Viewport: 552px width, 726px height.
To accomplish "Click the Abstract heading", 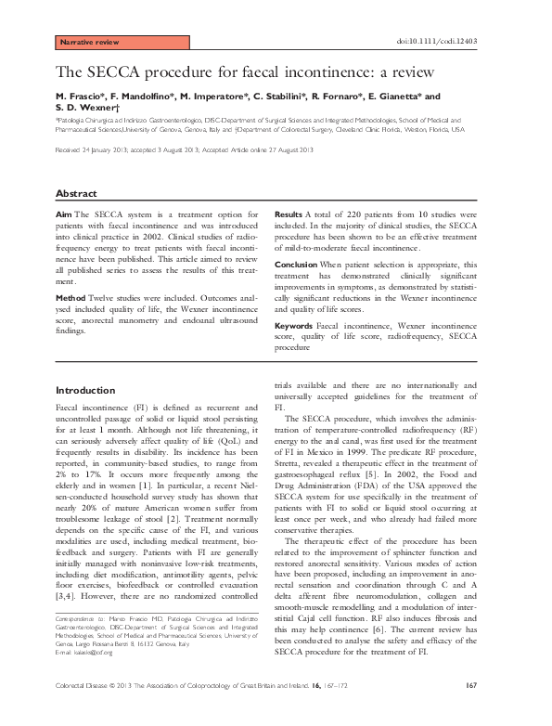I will pyautogui.click(x=76, y=193).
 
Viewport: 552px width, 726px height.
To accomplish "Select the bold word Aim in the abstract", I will pyautogui.click(x=64, y=214).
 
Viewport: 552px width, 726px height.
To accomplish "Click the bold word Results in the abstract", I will pyautogui.click(x=289, y=214).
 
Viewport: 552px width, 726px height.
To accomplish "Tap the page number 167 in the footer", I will pyautogui.click(x=471, y=710).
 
